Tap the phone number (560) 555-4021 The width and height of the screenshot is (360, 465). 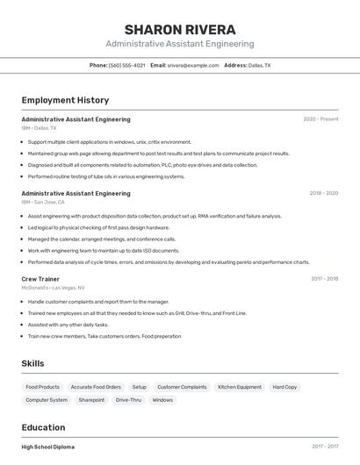pyautogui.click(x=126, y=65)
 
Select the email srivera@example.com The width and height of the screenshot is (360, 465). pyautogui.click(x=192, y=65)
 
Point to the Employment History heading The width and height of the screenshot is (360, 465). pyautogui.click(x=65, y=100)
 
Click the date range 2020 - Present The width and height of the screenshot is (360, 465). pyautogui.click(x=320, y=119)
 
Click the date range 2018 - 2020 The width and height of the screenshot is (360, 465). pyautogui.click(x=323, y=193)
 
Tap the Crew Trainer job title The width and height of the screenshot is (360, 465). pyautogui.click(x=41, y=279)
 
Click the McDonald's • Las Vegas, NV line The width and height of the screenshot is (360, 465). pyautogui.click(x=53, y=288)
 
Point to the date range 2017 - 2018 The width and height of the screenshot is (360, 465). pyautogui.click(x=324, y=279)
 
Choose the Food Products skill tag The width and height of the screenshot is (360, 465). pyautogui.click(x=42, y=387)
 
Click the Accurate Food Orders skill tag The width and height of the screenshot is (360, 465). pyautogui.click(x=96, y=387)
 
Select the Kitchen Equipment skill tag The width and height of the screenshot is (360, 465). pyautogui.click(x=240, y=387)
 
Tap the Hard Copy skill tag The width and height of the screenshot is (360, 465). pyautogui.click(x=284, y=387)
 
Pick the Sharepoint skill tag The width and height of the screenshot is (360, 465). pyautogui.click(x=91, y=400)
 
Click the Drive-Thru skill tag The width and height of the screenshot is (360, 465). pyautogui.click(x=128, y=400)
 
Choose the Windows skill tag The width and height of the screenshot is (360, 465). pyautogui.click(x=162, y=400)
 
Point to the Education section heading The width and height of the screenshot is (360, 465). pyautogui.click(x=45, y=427)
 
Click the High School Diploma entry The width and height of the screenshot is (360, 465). pyautogui.click(x=48, y=447)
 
